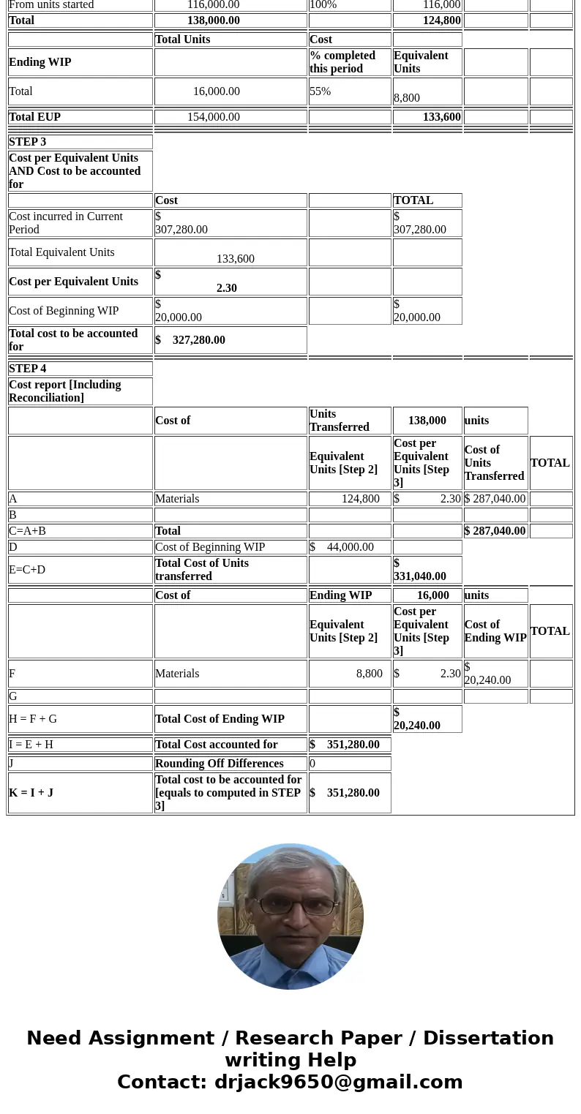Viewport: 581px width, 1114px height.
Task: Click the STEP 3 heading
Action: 28,142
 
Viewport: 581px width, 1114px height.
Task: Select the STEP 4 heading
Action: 28,369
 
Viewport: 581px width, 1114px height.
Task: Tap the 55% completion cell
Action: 321,91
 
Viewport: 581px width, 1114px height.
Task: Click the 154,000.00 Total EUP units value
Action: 214,117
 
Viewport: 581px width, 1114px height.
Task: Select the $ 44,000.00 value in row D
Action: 342,547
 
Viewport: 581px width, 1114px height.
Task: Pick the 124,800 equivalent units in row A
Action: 360,499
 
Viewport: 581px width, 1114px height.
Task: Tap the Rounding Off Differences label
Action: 220,764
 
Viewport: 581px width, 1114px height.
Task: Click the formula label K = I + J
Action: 31,793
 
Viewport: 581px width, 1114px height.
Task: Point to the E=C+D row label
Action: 27,570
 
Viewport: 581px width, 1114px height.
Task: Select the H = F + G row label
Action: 33,719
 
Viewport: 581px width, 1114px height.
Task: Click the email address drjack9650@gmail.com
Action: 338,1082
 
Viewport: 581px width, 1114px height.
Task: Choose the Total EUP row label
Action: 35,117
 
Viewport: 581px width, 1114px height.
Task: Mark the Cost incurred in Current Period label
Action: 66,223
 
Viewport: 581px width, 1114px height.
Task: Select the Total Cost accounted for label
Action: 217,745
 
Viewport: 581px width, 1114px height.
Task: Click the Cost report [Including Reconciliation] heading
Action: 65,391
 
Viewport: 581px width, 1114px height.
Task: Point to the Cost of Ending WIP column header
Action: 495,631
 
